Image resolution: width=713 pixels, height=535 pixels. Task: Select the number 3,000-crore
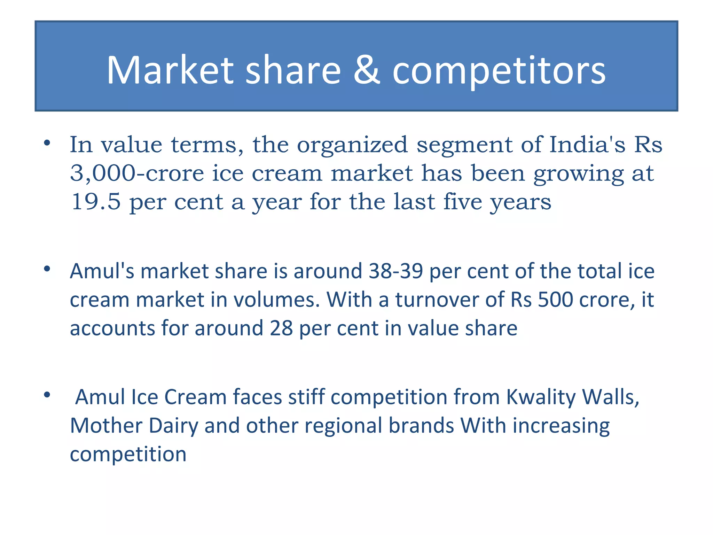(137, 173)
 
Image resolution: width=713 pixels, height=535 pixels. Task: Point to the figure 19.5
(96, 202)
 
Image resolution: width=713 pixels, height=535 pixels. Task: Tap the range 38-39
(396, 271)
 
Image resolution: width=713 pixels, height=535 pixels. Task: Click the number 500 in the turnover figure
(555, 300)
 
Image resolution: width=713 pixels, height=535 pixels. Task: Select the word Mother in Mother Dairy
(106, 426)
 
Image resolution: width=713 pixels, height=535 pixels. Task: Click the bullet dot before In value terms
(47, 143)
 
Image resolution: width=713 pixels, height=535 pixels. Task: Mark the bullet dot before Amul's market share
(47, 269)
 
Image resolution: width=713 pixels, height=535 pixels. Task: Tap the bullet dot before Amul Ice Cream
(47, 395)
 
